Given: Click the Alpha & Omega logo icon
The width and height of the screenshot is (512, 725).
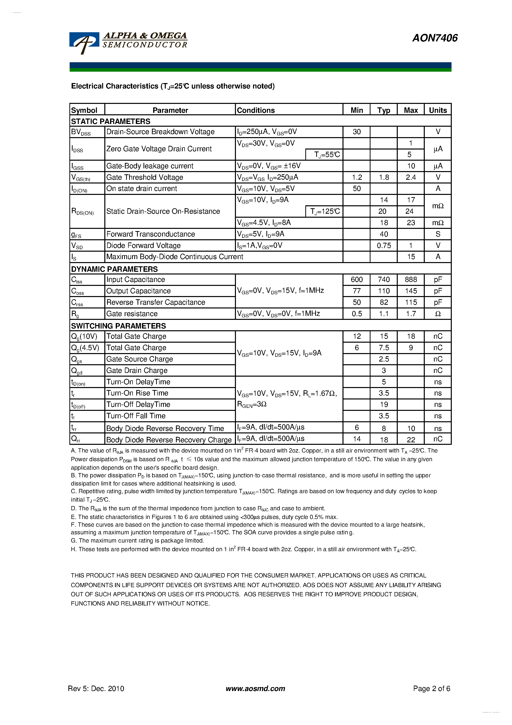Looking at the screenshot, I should pos(84,43).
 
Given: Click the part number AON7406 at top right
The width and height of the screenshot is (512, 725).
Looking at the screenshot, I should pos(435,38).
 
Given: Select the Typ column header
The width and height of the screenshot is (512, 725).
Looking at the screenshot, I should pos(384,110).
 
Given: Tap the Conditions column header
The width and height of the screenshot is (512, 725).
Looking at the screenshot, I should pos(256,110).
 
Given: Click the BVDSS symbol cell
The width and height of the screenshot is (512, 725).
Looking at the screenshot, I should pos(81,132).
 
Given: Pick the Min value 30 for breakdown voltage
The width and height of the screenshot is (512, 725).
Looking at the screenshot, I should pos(356,132).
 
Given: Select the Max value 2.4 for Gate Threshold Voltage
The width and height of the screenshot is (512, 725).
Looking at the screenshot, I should pos(410,177).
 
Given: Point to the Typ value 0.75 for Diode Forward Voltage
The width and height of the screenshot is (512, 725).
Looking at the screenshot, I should pos(384,245).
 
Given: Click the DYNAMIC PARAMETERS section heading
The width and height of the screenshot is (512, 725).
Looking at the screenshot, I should pos(114,269).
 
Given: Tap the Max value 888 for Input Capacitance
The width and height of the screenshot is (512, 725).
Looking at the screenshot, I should pos(411,279).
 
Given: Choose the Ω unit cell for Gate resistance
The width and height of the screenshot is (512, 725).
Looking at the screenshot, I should pos(437,314).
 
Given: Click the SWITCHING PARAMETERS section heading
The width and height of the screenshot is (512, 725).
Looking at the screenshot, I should pos(118,326).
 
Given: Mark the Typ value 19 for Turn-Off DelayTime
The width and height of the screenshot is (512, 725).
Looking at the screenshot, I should pos(384,404).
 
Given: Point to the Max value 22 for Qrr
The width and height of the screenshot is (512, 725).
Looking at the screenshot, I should pos(411,440).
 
